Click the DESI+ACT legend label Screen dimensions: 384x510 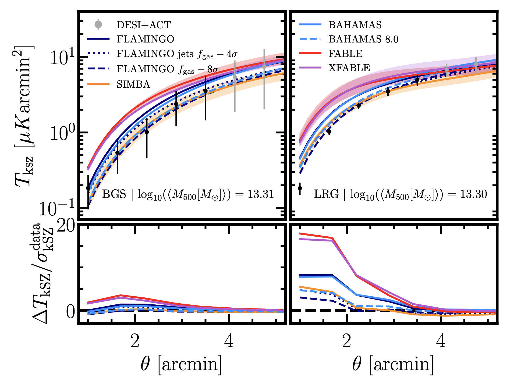144,25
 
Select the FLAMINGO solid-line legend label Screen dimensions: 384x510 145,39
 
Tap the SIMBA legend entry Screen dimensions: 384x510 133,84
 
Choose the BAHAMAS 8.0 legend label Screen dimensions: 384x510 363,39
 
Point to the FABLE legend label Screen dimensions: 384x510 345,54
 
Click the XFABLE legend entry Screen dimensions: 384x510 349,68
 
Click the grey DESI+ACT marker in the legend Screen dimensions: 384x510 98,24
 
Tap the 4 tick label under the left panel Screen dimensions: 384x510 229,341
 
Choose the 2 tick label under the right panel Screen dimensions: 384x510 347,341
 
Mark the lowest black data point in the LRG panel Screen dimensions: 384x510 300,188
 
